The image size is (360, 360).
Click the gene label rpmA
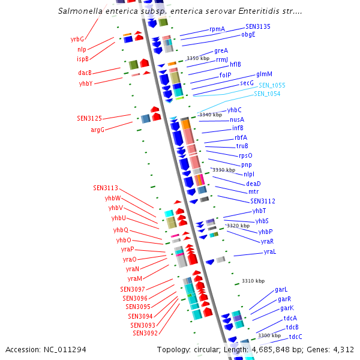(x=217, y=29)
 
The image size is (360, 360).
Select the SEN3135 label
(x=257, y=26)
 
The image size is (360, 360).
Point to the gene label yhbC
(x=234, y=110)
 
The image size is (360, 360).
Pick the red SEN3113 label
(x=106, y=188)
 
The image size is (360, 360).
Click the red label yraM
(x=134, y=278)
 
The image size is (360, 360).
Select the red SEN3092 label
(x=145, y=333)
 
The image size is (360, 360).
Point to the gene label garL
(x=281, y=289)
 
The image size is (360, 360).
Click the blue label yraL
(x=269, y=251)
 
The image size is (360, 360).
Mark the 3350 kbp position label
(x=198, y=58)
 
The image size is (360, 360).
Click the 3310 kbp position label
(x=253, y=281)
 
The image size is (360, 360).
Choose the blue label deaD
(x=253, y=183)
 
